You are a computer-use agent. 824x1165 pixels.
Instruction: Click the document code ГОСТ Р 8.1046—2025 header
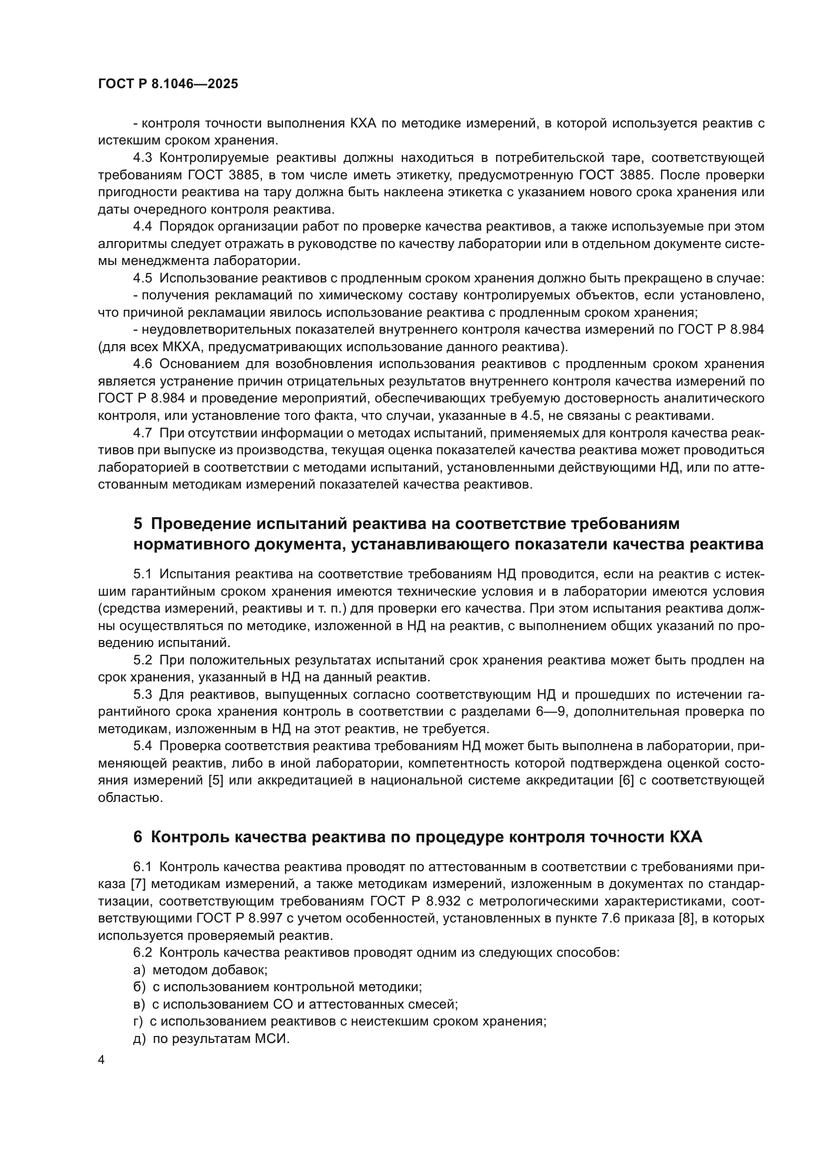click(x=168, y=84)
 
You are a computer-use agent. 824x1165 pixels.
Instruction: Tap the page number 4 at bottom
click(x=102, y=1061)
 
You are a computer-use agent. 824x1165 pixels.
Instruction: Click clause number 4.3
click(x=142, y=158)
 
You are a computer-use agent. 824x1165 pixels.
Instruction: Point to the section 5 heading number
click(x=138, y=523)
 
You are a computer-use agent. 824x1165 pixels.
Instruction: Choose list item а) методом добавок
click(x=200, y=970)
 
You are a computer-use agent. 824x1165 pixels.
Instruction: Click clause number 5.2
click(x=142, y=660)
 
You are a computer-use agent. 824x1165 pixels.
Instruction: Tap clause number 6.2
click(x=142, y=952)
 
